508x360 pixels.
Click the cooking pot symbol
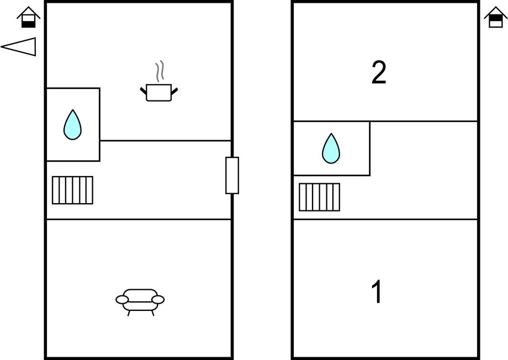click(x=158, y=92)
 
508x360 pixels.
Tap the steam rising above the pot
click(x=160, y=71)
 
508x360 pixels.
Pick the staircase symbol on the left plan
click(x=72, y=190)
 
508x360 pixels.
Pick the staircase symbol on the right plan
click(x=319, y=197)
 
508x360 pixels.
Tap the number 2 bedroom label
click(x=379, y=73)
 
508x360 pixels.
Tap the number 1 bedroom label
click(x=377, y=292)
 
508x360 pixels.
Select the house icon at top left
click(x=28, y=17)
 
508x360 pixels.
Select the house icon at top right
click(x=495, y=17)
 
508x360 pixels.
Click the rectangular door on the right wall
click(x=232, y=175)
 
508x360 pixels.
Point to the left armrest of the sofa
click(x=122, y=299)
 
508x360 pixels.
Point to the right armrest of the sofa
click(x=158, y=299)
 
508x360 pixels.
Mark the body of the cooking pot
click(x=158, y=94)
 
